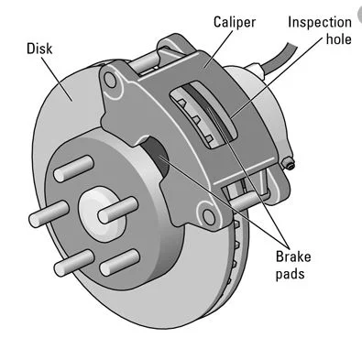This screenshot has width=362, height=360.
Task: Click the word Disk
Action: click(x=39, y=49)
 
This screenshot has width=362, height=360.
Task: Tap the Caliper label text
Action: click(x=235, y=23)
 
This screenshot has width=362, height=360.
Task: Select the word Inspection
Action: click(x=320, y=23)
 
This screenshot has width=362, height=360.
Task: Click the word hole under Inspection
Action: click(x=339, y=39)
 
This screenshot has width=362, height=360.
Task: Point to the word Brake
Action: click(x=293, y=256)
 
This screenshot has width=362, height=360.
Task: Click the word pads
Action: click(x=290, y=274)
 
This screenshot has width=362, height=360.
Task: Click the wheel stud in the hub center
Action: click(x=118, y=210)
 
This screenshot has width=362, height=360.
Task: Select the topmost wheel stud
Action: click(x=73, y=169)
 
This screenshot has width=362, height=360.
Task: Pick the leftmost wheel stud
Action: click(x=49, y=213)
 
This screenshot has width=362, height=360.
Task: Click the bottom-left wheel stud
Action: click(x=74, y=263)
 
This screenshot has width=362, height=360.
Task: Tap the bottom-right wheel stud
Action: click(x=120, y=262)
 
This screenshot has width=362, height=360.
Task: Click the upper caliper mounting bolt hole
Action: click(x=110, y=80)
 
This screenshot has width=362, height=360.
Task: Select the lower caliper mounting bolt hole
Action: click(x=209, y=216)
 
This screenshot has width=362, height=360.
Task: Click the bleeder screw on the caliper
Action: click(x=289, y=164)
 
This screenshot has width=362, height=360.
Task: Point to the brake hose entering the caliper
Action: click(x=275, y=60)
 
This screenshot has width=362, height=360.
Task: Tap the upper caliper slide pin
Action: click(x=144, y=62)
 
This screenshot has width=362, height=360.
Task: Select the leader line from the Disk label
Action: click(x=57, y=79)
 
